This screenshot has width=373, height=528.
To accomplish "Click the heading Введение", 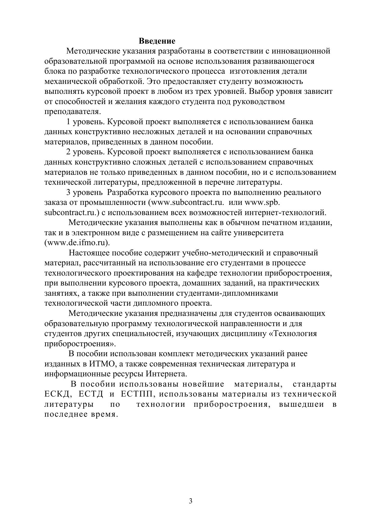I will [157, 41].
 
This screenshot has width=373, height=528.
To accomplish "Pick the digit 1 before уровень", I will [68, 122].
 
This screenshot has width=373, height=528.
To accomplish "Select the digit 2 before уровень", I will [68, 152].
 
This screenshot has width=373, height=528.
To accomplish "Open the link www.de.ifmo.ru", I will [77, 243].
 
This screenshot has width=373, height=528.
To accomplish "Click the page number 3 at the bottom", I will [190, 501].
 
